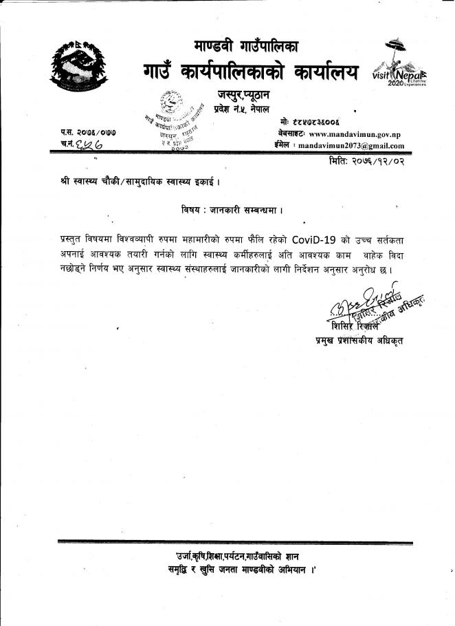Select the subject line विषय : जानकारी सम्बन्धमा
click(228, 207)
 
